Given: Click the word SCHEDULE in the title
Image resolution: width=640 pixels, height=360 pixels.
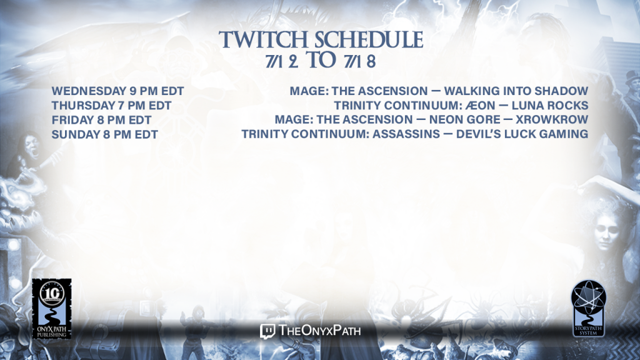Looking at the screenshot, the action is (369, 39).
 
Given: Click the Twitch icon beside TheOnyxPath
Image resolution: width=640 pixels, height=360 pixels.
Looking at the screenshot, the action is (267, 331).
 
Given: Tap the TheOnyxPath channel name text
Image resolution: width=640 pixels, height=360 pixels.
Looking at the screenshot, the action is (319, 330).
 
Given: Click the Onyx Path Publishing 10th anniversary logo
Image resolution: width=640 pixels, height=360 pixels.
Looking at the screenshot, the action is (52, 309).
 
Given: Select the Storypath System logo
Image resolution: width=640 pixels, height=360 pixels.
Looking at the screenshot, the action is (588, 308).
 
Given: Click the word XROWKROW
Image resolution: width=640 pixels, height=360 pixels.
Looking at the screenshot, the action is (552, 119).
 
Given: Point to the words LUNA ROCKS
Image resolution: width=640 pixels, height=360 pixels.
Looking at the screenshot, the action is (550, 105).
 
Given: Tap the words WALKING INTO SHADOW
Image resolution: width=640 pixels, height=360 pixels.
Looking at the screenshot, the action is (516, 91).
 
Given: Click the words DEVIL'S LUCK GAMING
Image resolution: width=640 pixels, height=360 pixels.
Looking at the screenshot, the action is (522, 134).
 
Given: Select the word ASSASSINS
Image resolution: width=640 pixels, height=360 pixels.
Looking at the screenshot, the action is (406, 134).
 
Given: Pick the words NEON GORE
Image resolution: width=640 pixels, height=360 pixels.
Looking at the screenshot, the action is (464, 119).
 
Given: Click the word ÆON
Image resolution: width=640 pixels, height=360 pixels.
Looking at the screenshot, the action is (480, 105).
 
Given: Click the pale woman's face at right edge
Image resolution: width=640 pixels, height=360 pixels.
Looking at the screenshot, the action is (606, 231).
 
